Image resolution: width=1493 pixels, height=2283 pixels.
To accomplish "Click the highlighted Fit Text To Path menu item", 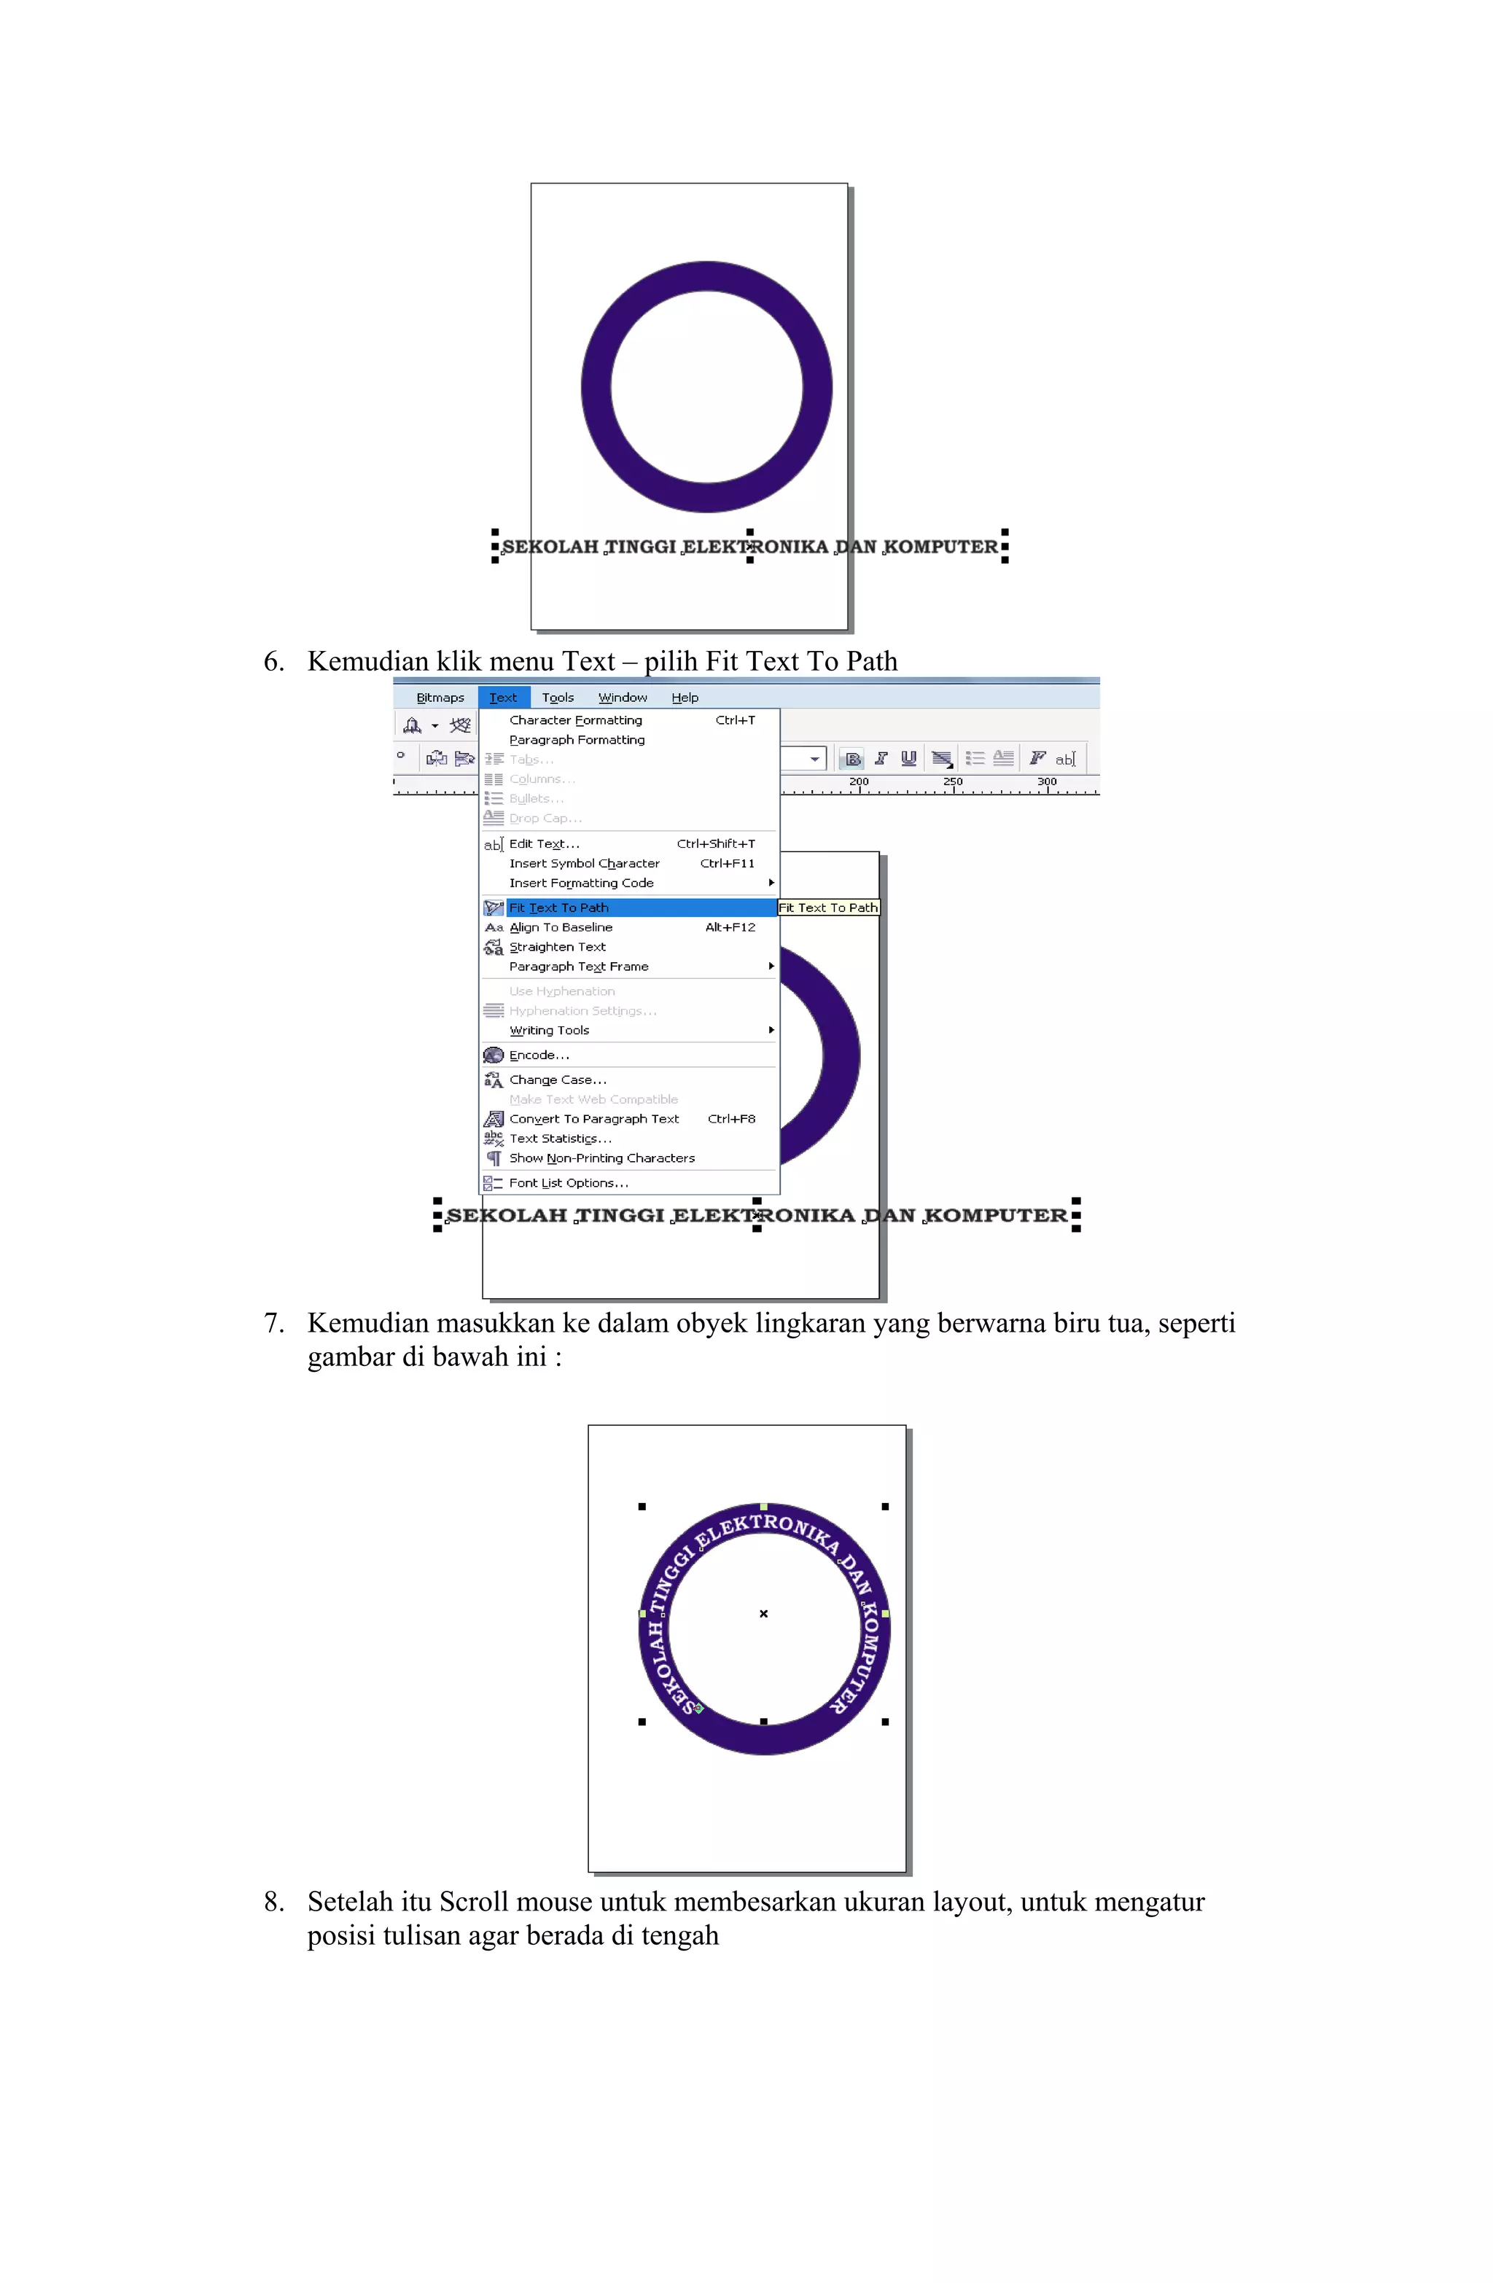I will tap(558, 908).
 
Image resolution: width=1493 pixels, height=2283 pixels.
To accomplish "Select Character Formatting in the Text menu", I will tap(576, 720).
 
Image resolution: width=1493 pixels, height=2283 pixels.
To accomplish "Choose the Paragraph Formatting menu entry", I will tap(577, 740).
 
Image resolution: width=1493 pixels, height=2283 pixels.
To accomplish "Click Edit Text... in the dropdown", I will tap(544, 844).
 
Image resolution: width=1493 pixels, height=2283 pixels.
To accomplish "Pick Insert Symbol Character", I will tap(585, 863).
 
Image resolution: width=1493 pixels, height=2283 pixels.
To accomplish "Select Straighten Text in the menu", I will tap(558, 947).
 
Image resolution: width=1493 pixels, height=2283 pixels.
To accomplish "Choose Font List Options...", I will tap(568, 1183).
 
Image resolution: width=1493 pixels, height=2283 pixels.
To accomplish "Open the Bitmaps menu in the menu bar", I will tap(440, 698).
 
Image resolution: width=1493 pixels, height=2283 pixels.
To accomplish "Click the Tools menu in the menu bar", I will tap(558, 698).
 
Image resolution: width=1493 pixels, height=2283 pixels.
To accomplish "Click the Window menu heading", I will tap(623, 698).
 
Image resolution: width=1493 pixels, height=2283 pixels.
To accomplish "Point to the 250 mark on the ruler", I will tap(953, 783).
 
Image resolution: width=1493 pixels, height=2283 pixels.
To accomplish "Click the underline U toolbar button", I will tap(908, 758).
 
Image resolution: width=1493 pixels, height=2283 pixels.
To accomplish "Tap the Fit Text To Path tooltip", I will tap(828, 908).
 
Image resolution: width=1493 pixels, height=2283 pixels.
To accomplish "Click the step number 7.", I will tap(273, 1324).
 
